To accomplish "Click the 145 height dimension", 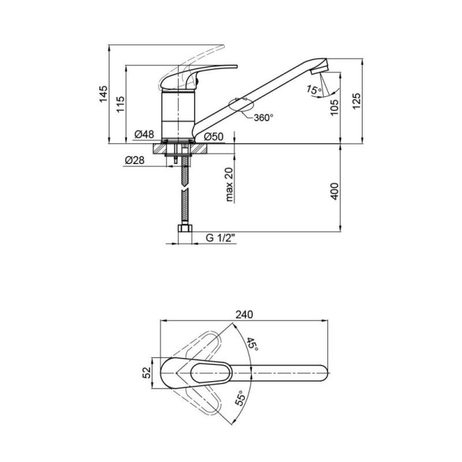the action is (x=103, y=94).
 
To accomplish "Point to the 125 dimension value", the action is (x=357, y=101).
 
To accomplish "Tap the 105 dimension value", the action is (x=334, y=107).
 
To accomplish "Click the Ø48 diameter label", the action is (x=144, y=134).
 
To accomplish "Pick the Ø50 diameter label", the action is (x=214, y=136).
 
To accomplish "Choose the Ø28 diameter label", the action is (x=134, y=160).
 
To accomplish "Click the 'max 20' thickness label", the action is (x=229, y=184).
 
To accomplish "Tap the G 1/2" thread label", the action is (x=221, y=237).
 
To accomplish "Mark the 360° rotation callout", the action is (x=263, y=117).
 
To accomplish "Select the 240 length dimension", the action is (x=244, y=315).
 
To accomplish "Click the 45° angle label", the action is (x=253, y=344).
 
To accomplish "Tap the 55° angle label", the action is (x=241, y=398).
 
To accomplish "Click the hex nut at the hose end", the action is (x=185, y=229).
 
